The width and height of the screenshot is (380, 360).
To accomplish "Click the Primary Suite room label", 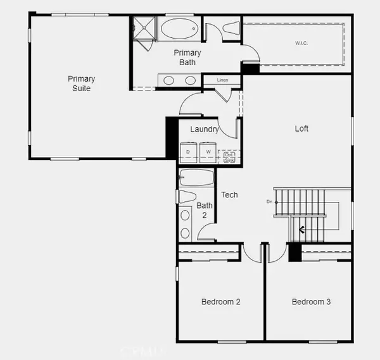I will pyautogui.click(x=82, y=84).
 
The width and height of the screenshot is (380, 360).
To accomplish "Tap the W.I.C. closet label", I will pyautogui.click(x=300, y=44).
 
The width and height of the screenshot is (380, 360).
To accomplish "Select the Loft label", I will pyautogui.click(x=301, y=128).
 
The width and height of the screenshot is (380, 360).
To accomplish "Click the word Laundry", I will pyautogui.click(x=205, y=130).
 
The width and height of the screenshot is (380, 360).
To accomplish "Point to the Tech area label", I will pyautogui.click(x=229, y=195).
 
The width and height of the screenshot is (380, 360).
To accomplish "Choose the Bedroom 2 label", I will pyautogui.click(x=220, y=302).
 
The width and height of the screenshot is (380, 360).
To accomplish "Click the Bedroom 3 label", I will pyautogui.click(x=311, y=302).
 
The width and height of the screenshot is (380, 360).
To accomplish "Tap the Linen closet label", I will pyautogui.click(x=222, y=80).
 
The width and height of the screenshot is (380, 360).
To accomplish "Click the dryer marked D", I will pyautogui.click(x=188, y=152).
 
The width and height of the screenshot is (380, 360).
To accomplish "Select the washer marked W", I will pyautogui.click(x=208, y=152).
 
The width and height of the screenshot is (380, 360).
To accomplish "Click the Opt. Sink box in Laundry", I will pyautogui.click(x=229, y=157).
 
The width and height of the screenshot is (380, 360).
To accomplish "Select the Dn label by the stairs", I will pyautogui.click(x=270, y=202).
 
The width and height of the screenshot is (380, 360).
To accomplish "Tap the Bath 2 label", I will pyautogui.click(x=204, y=210).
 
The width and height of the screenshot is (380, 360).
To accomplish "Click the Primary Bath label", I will pyautogui.click(x=187, y=58).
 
